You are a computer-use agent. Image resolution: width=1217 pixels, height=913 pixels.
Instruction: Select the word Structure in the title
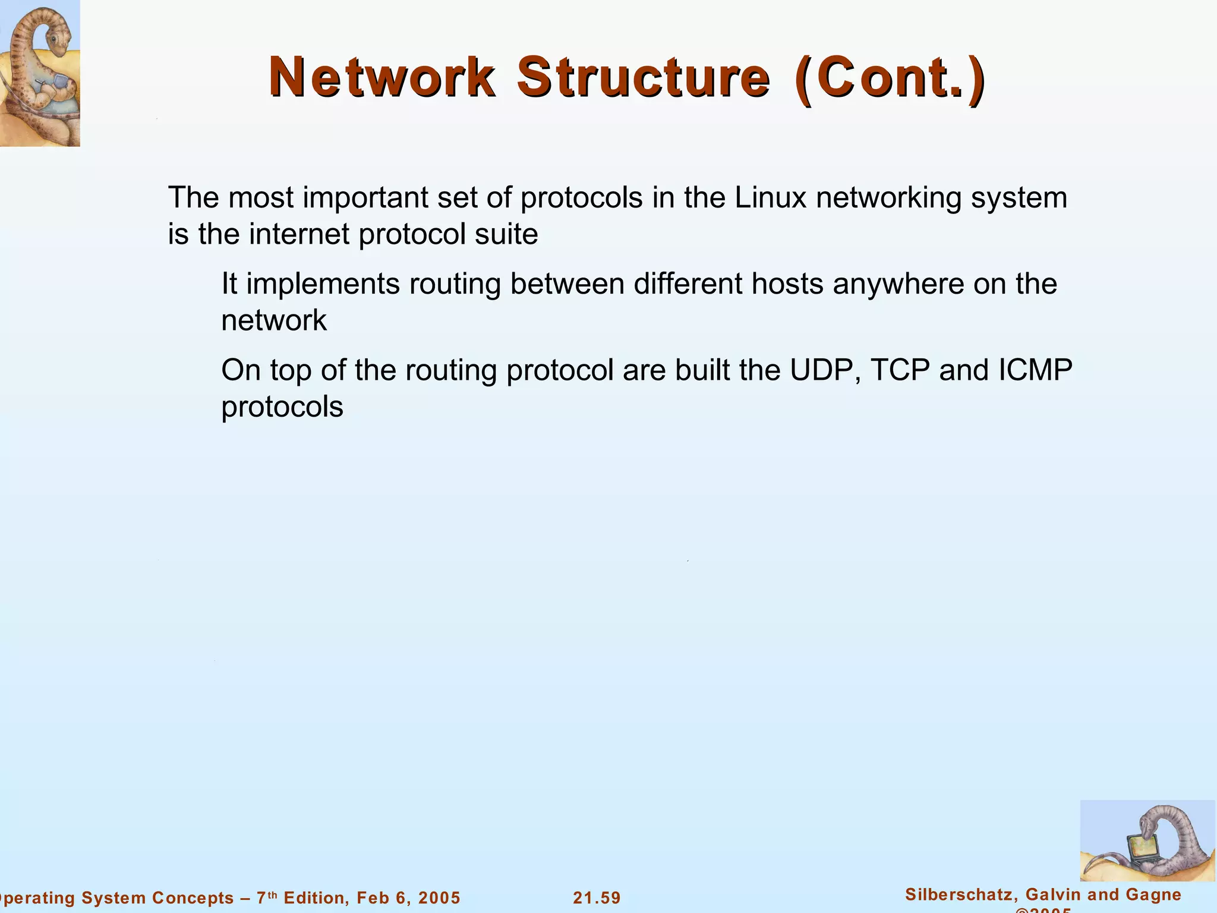[x=644, y=77]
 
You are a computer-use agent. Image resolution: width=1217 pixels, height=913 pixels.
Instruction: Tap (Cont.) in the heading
[x=889, y=78]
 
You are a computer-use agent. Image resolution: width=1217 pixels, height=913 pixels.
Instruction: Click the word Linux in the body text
[x=770, y=198]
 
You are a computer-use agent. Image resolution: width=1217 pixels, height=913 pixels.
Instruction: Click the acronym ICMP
[x=1035, y=370]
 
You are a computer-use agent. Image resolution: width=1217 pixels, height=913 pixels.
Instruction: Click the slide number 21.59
[x=597, y=898]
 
